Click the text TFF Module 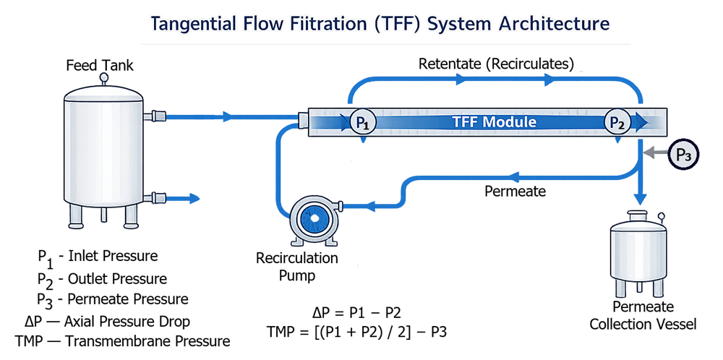click(x=495, y=122)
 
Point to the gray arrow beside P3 click(x=654, y=153)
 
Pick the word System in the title click(x=454, y=23)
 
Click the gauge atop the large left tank click(x=103, y=76)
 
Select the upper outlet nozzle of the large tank click(x=155, y=116)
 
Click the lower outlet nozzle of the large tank click(x=155, y=197)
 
